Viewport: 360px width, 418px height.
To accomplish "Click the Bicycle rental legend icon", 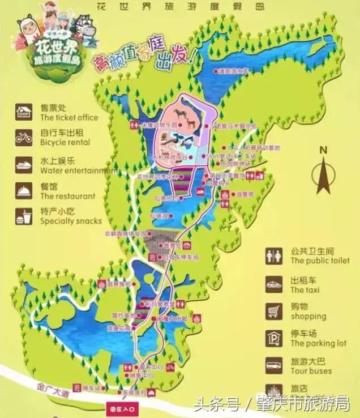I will [x=24, y=138].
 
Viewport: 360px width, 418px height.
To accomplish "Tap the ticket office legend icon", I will [x=24, y=112].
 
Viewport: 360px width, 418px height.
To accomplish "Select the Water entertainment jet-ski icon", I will [x=24, y=164].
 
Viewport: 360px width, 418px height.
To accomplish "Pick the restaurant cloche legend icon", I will [x=24, y=190].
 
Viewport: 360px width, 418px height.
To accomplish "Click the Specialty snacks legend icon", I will [x=24, y=216].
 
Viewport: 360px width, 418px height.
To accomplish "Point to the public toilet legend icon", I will [x=274, y=256].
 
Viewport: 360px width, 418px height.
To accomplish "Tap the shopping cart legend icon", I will [x=274, y=311].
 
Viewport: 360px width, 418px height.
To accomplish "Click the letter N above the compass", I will [x=323, y=150].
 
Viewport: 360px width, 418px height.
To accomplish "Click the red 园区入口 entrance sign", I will [x=123, y=407].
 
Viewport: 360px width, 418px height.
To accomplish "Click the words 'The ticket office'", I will [x=69, y=118].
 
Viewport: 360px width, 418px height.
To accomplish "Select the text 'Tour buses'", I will [x=311, y=371].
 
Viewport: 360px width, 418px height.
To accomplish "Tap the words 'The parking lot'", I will [x=318, y=344].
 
